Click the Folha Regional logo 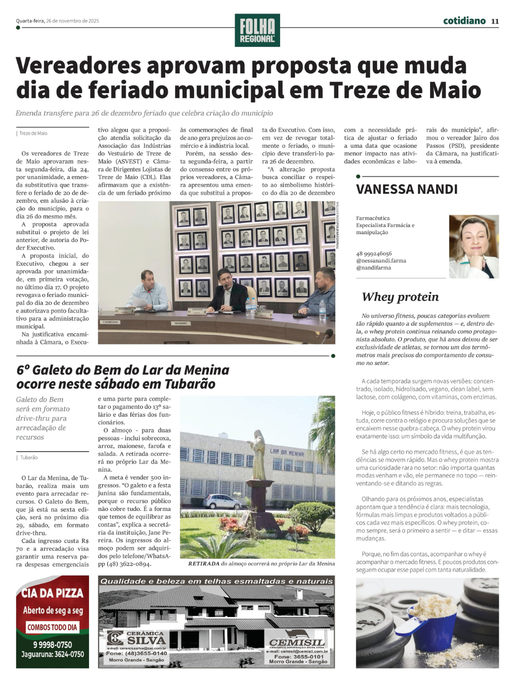(257, 30)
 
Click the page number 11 (495, 21)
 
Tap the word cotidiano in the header (464, 21)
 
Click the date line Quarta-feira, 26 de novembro (57, 21)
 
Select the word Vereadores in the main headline (78, 66)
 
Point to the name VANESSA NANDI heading (407, 189)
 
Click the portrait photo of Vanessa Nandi (473, 246)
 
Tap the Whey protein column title (400, 297)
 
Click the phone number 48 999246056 (374, 254)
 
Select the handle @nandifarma (373, 268)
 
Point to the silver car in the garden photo (222, 501)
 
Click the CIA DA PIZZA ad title (52, 593)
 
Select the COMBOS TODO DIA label (52, 627)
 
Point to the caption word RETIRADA (203, 563)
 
